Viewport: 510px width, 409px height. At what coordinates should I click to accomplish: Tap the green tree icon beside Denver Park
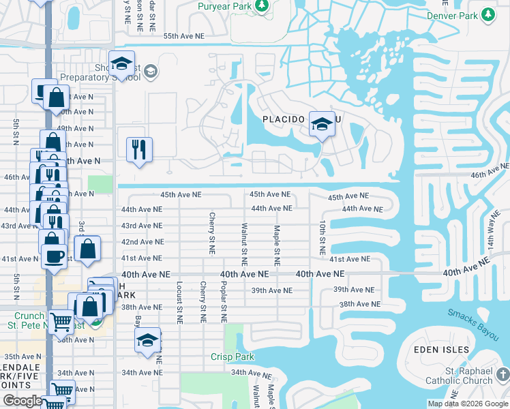coord(487,14)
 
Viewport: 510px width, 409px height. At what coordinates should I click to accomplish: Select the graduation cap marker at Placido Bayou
coord(322,124)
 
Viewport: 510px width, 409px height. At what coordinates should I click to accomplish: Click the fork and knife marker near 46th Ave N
coord(139,149)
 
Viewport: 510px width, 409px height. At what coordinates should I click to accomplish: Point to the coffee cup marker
coord(55,256)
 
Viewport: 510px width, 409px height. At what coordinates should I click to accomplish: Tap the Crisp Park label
coord(232,357)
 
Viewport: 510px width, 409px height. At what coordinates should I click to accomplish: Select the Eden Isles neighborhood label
coord(442,350)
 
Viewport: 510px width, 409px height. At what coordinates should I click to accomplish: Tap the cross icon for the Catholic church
coord(502,374)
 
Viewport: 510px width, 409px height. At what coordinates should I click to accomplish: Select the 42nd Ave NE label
coord(142,242)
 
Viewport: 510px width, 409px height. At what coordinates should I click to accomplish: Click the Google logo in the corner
coord(22,401)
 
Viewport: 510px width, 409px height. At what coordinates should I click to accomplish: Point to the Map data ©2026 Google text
coord(467,404)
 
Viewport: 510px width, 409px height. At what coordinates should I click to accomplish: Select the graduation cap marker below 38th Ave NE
coord(147,341)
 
